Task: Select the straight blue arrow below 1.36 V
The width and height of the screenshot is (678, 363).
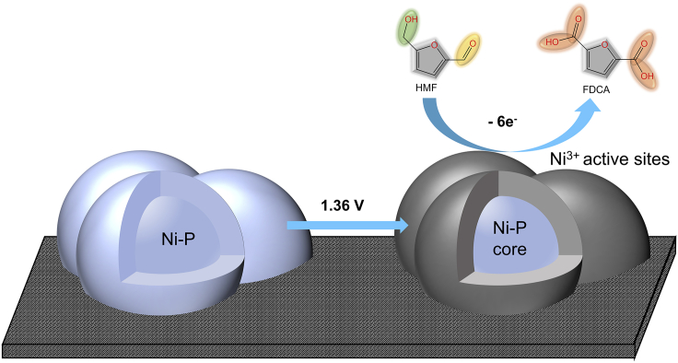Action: coord(346,224)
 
